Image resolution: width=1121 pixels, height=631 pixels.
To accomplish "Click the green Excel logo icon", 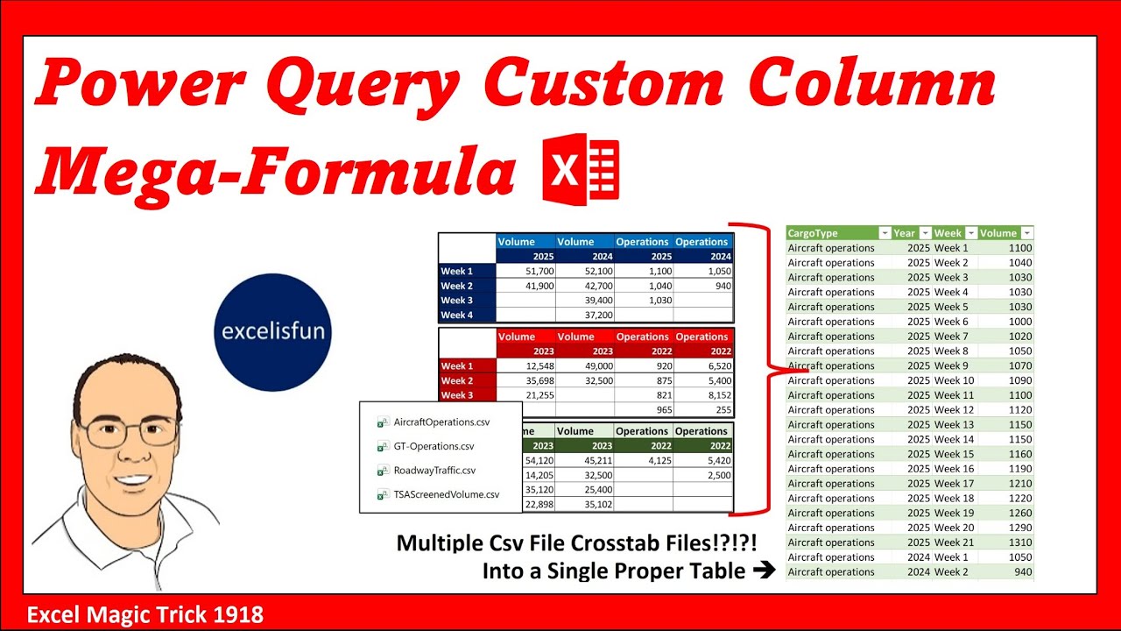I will pyautogui.click(x=581, y=169).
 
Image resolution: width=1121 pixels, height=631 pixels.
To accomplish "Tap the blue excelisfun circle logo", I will pyautogui.click(x=272, y=332).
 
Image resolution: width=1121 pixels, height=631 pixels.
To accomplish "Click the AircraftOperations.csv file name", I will pyautogui.click(x=441, y=422).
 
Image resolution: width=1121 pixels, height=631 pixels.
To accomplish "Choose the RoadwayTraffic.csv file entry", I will pyautogui.click(x=434, y=470).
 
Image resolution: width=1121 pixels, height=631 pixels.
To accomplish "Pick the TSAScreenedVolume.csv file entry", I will pyautogui.click(x=446, y=494).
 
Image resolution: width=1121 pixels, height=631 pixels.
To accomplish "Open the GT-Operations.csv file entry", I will pyautogui.click(x=434, y=446).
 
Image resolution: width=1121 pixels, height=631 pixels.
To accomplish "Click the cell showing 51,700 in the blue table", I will pyautogui.click(x=525, y=272).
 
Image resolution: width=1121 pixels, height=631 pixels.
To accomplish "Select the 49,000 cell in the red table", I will pyautogui.click(x=584, y=366).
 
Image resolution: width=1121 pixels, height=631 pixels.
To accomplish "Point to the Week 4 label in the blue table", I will pyautogui.click(x=456, y=315).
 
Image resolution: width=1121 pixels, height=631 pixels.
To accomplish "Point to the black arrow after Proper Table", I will pyautogui.click(x=764, y=571).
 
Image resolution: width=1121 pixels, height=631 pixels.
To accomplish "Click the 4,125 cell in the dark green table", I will pyautogui.click(x=643, y=461).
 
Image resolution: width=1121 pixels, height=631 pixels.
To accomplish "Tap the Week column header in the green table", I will pyautogui.click(x=948, y=233).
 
